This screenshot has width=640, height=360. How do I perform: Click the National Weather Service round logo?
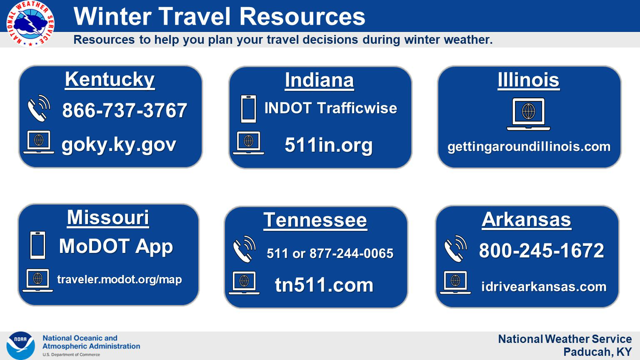(30, 23)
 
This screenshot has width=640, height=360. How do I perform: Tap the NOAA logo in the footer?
(20, 345)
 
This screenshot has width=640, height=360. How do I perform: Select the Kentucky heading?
(110, 80)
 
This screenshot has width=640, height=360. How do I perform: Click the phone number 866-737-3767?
(125, 110)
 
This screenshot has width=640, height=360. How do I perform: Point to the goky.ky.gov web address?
(119, 145)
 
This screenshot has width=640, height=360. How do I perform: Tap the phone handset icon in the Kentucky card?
(39, 108)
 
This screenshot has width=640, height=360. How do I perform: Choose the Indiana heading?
(319, 80)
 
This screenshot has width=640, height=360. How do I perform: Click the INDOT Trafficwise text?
(330, 108)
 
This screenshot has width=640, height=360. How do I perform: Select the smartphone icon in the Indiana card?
(248, 109)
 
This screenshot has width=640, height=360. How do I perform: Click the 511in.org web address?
(329, 145)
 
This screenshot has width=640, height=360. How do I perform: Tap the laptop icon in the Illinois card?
(528, 114)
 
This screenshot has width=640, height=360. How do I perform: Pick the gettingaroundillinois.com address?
(529, 147)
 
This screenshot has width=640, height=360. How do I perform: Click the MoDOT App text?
(116, 246)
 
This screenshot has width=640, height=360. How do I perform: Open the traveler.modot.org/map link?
(120, 280)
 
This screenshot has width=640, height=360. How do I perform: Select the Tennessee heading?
(315, 220)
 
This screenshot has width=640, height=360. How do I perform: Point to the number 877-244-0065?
(351, 253)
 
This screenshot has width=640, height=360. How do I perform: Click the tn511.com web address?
(324, 285)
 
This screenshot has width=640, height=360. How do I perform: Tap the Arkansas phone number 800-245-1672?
(541, 250)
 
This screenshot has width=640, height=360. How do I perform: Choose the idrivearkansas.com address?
(544, 287)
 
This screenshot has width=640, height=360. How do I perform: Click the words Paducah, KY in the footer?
(597, 352)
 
